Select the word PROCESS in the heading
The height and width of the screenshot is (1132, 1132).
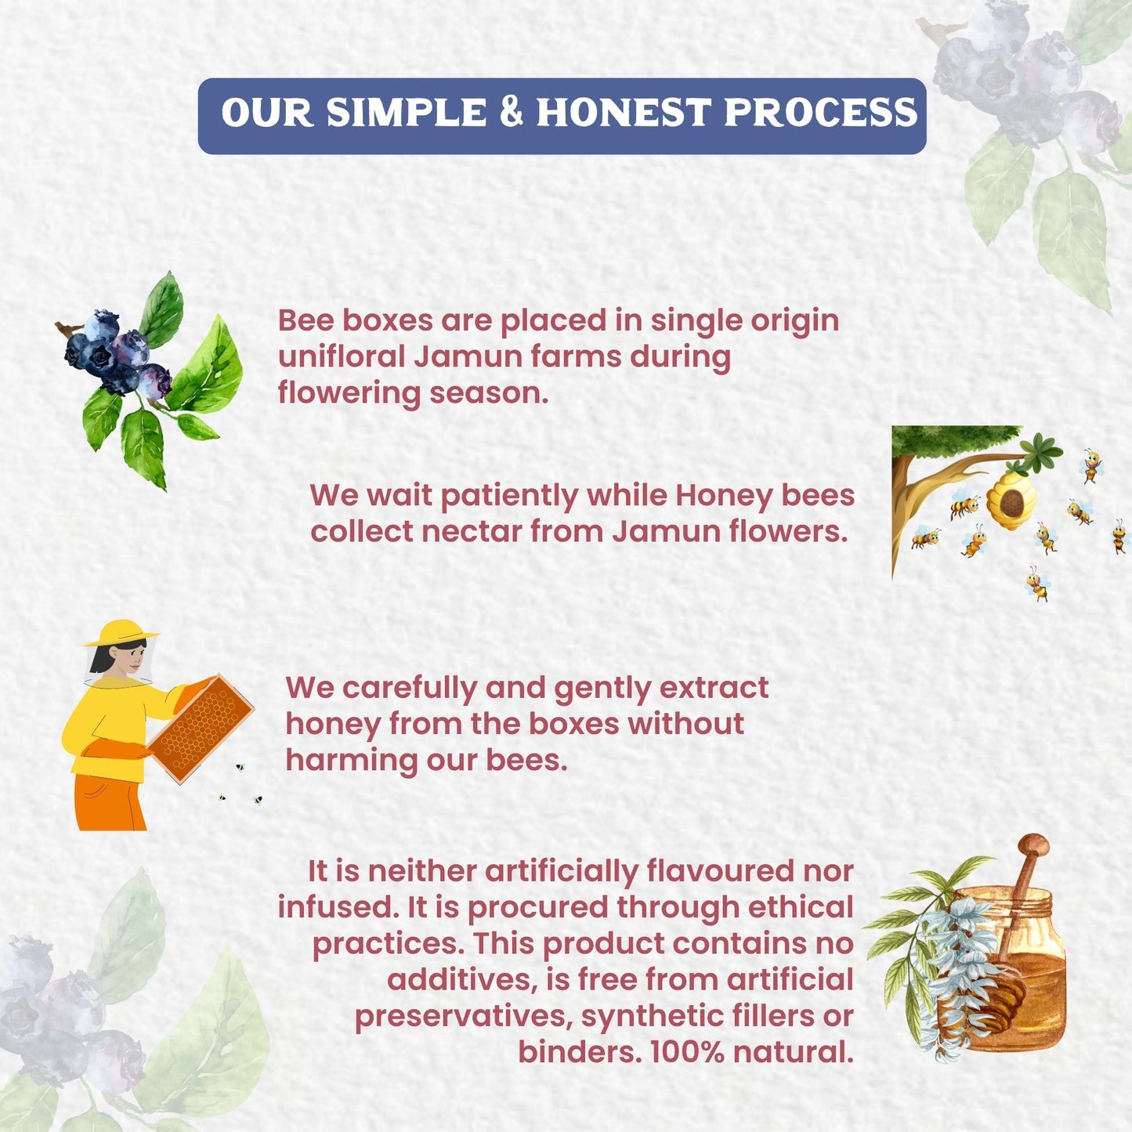click(x=820, y=111)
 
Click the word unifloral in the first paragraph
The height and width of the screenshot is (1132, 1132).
click(x=342, y=356)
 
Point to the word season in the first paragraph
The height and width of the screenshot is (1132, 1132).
click(x=489, y=393)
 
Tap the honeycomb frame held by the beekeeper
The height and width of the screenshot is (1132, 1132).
click(x=201, y=729)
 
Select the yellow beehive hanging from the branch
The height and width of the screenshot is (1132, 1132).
click(x=1011, y=501)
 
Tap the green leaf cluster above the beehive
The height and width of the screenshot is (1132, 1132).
click(x=1040, y=453)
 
